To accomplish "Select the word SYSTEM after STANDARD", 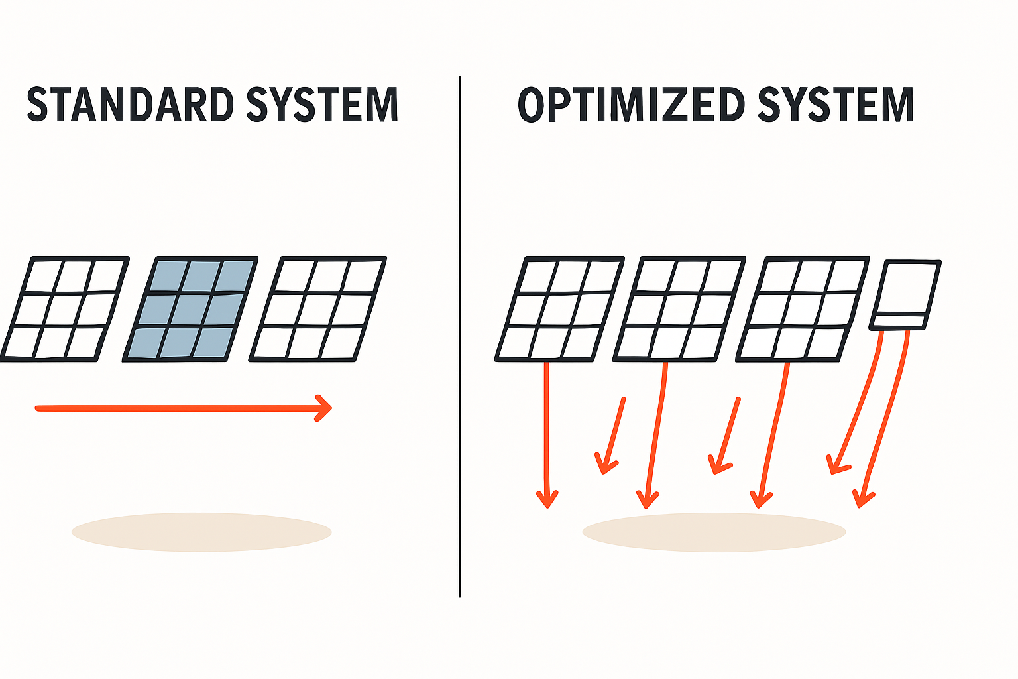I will (322, 105).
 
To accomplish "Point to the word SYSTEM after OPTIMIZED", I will (836, 105).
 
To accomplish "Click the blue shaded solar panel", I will (191, 309).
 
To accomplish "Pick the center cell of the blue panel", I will (191, 309).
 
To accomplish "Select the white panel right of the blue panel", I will (318, 309).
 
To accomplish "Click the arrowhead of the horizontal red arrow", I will (325, 408).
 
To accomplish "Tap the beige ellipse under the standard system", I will (201, 532).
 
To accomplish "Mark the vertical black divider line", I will (459, 332).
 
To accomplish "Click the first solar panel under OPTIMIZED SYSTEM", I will (560, 309).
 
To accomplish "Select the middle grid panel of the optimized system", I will (679, 309).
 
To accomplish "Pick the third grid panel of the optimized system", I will (803, 309).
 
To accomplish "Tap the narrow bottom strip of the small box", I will (899, 322).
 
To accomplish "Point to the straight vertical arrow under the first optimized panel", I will (547, 431).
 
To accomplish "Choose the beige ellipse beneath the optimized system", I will (714, 532).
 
